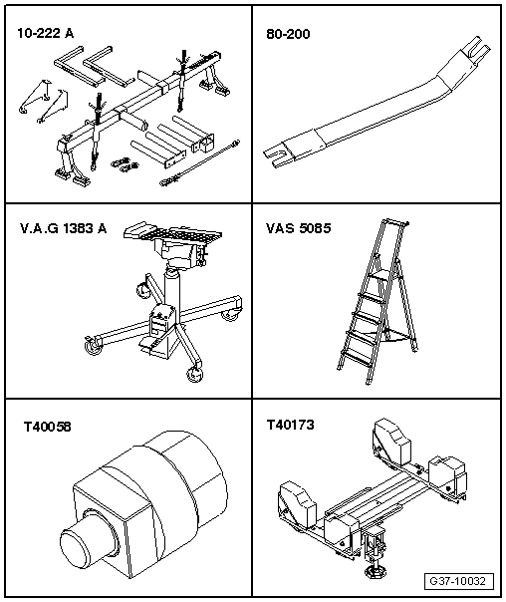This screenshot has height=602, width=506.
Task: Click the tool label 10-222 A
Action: (45, 34)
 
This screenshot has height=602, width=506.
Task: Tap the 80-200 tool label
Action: (288, 34)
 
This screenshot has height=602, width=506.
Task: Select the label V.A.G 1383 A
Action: (64, 228)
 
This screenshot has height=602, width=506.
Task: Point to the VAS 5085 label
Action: (299, 228)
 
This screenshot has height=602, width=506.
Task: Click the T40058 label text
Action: (48, 427)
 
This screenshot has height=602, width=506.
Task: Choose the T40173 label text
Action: (291, 425)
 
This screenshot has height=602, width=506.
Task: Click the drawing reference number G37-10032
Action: (458, 581)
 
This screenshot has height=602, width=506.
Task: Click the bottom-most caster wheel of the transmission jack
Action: (194, 375)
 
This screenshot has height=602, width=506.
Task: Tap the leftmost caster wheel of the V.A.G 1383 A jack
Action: (93, 345)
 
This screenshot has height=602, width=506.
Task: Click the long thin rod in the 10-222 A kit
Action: (199, 162)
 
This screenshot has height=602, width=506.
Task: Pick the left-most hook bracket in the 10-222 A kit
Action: (34, 97)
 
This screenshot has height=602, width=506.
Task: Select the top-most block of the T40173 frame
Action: (390, 441)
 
